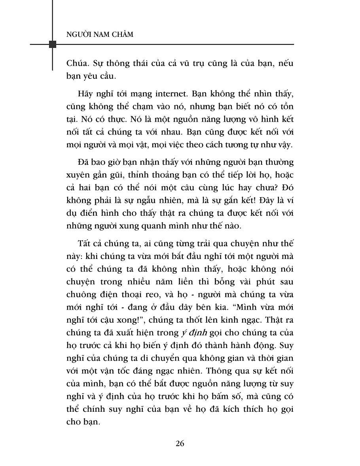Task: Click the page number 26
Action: (x=180, y=443)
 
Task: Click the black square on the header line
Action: (x=52, y=44)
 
